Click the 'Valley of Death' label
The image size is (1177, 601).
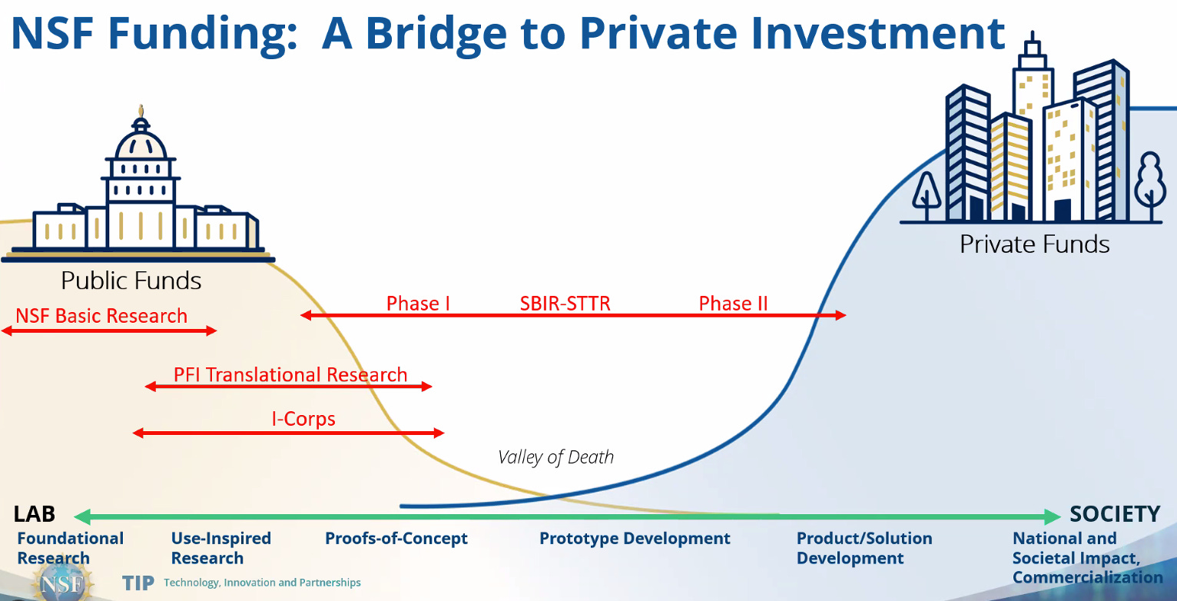tap(555, 457)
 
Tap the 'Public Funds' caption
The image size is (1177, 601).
tap(131, 281)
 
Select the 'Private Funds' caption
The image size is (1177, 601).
tap(1035, 244)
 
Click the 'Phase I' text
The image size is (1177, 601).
tap(418, 304)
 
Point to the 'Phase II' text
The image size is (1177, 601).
tap(733, 304)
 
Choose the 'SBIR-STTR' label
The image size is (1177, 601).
tap(565, 304)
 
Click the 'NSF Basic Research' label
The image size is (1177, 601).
tap(101, 316)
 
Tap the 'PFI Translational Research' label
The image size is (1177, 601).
tap(290, 375)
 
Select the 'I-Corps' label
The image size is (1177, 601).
tap(303, 419)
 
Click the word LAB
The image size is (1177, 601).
tap(34, 514)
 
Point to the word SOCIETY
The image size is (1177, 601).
tap(1115, 514)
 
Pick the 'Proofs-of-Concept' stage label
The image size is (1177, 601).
tap(396, 539)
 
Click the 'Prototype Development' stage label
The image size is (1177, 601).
tap(635, 539)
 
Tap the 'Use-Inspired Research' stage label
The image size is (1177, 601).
tap(221, 548)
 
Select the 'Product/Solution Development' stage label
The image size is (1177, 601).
tap(864, 548)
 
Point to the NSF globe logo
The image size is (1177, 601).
tap(63, 583)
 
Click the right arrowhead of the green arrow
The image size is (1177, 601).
tap(1052, 517)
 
